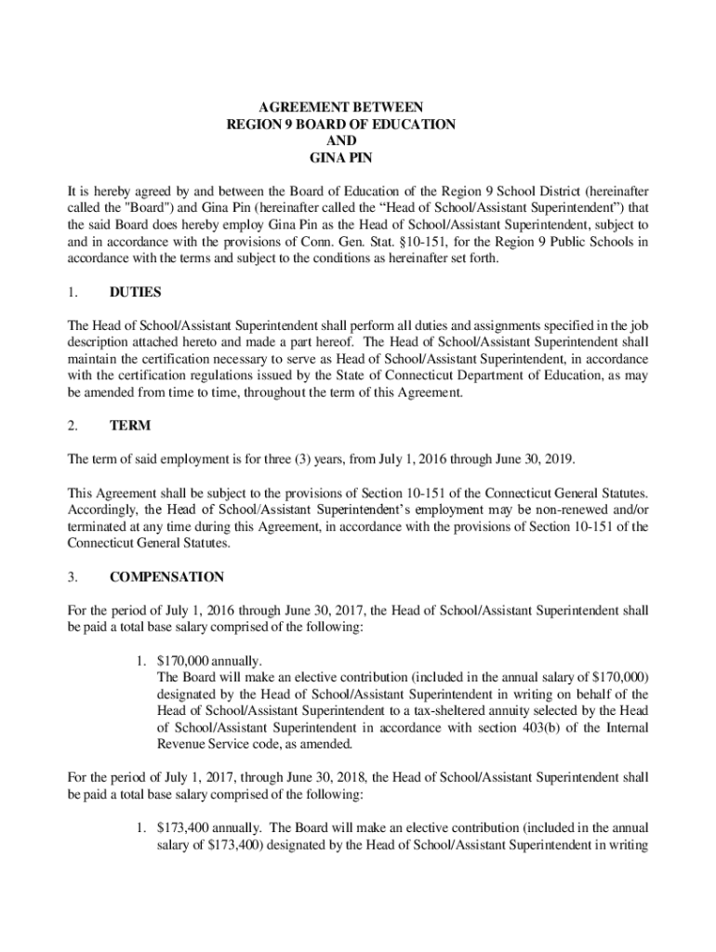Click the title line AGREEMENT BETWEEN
click(341, 107)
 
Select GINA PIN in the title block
click(341, 157)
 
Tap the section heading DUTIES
click(136, 292)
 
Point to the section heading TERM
click(129, 425)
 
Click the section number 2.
click(72, 425)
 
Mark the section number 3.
click(72, 576)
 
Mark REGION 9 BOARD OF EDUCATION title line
click(341, 124)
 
